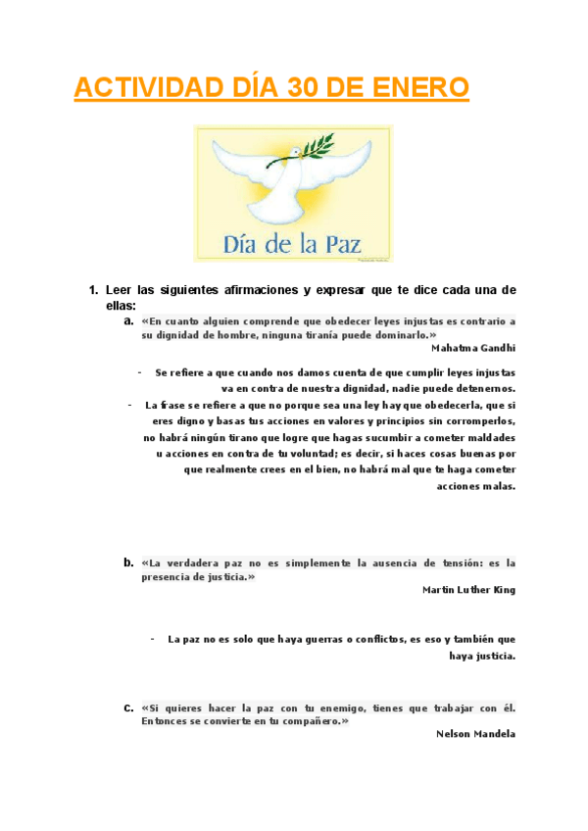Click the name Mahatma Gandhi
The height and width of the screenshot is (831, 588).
coord(473,347)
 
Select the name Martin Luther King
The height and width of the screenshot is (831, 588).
coord(468,590)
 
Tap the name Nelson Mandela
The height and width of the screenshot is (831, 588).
coord(475,734)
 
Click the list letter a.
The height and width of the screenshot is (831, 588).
coord(127,320)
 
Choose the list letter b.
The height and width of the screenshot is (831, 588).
coord(127,563)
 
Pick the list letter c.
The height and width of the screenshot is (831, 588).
coord(127,708)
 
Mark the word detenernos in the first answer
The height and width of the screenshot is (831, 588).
coord(480,388)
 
